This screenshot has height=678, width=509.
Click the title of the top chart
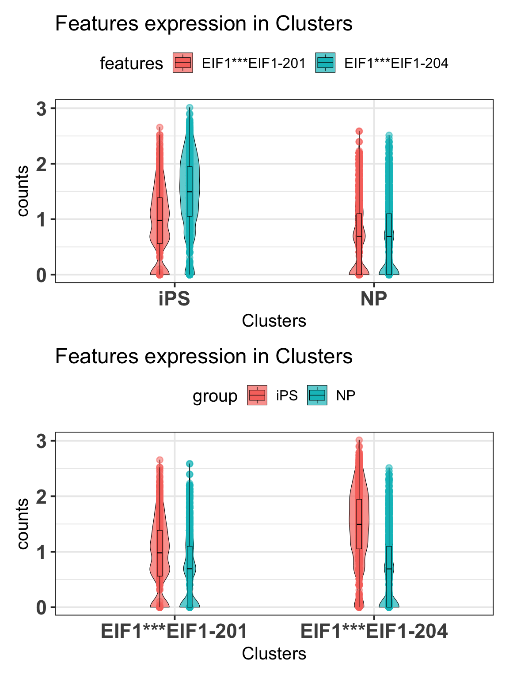(204, 24)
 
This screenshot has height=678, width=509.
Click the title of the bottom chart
(204, 356)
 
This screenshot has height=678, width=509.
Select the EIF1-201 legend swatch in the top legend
(182, 63)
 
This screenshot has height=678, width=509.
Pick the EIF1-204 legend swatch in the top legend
(325, 63)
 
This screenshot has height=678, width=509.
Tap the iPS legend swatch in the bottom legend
(257, 395)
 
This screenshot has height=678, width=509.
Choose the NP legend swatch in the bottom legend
(317, 395)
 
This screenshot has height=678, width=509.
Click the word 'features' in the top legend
(131, 64)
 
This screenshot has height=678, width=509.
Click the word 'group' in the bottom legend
(215, 396)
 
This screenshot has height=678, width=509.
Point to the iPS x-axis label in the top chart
(175, 299)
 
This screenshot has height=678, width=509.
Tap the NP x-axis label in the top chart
(374, 299)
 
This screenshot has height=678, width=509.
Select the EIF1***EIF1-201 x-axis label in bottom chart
(175, 632)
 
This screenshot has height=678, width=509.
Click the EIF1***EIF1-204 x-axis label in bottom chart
(374, 632)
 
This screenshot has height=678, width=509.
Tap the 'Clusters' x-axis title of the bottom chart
(274, 654)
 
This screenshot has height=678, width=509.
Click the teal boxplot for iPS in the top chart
(190, 191)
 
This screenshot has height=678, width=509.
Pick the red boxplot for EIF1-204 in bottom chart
(359, 524)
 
